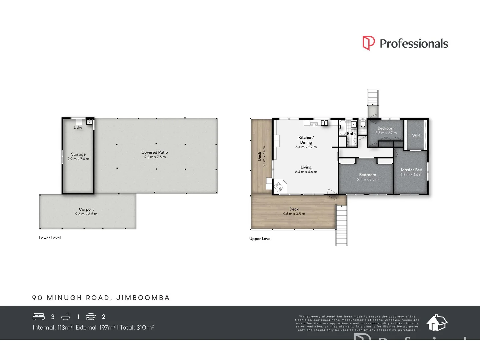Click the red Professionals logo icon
[368, 43]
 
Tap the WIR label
[416, 135]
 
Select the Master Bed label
[411, 170]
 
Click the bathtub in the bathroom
[342, 128]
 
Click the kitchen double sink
[324, 123]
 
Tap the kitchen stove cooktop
[314, 124]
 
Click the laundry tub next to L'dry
[89, 122]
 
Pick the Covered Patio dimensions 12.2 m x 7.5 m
[155, 157]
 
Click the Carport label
[86, 209]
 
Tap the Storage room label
[78, 154]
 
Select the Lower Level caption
[50, 238]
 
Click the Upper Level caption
[260, 239]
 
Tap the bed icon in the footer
[39, 317]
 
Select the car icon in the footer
[91, 317]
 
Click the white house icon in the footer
[437, 323]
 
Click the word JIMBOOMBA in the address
[143, 298]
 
